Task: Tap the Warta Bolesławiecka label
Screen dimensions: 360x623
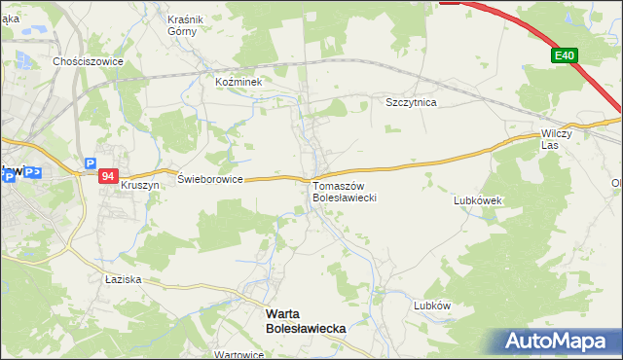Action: click(306, 322)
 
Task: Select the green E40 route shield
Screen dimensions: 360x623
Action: click(565, 57)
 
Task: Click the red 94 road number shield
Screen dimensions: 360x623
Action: click(108, 176)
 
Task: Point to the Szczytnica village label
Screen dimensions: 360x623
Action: click(411, 101)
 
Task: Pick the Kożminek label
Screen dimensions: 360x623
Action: click(239, 83)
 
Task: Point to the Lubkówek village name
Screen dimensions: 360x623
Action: click(477, 200)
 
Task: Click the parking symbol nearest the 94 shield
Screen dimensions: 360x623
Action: click(91, 164)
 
